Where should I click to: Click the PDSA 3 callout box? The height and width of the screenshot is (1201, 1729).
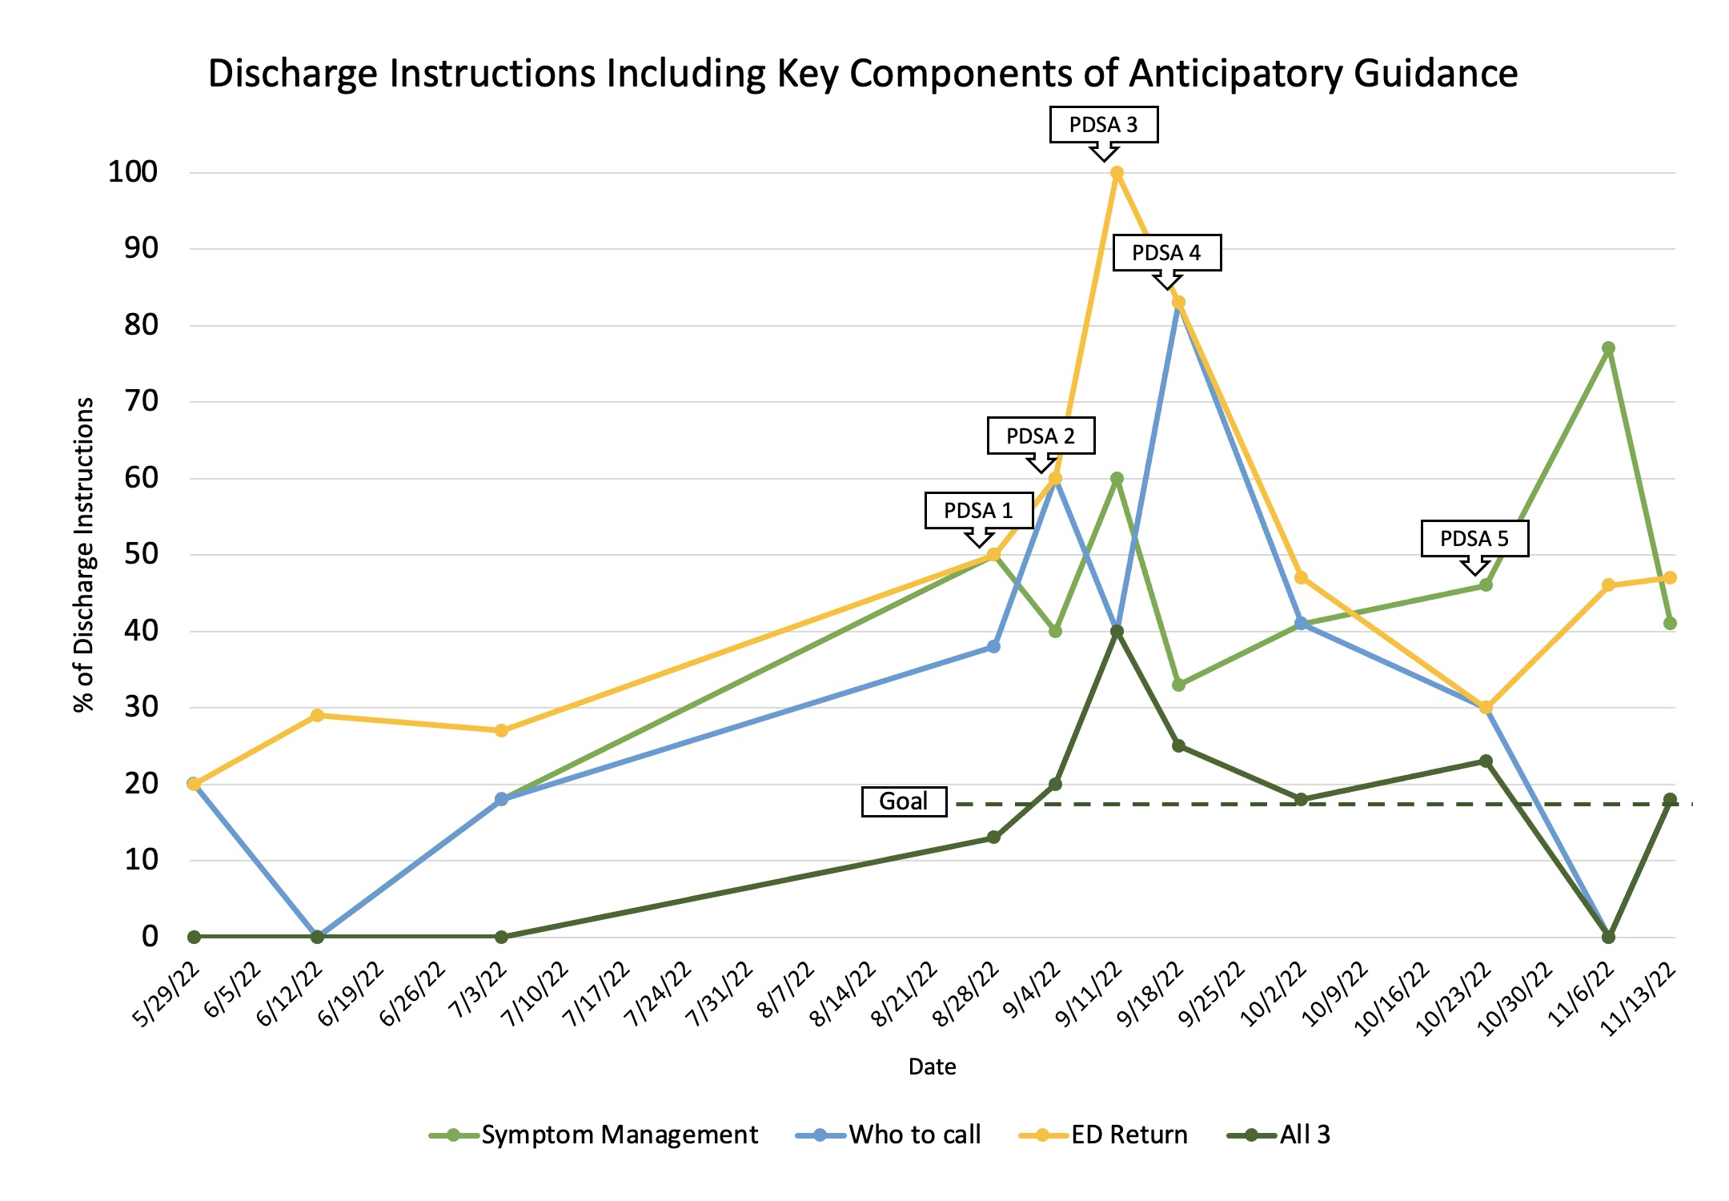[1103, 125]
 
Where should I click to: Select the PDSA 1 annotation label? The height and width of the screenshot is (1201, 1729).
[978, 511]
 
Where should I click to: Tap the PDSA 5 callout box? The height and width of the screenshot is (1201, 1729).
[1474, 538]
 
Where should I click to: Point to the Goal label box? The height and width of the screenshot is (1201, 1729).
[904, 801]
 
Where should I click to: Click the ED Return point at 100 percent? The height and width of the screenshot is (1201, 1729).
[1117, 173]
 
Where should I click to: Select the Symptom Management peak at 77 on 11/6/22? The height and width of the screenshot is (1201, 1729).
[1608, 348]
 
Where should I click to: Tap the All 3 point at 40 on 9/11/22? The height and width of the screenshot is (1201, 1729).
[1117, 632]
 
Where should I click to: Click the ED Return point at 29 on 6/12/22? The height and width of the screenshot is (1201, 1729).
[317, 715]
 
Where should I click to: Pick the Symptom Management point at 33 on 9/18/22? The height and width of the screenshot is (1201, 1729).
[1178, 685]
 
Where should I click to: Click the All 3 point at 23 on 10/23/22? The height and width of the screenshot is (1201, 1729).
[1486, 761]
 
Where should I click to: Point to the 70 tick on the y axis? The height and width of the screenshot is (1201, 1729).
[141, 401]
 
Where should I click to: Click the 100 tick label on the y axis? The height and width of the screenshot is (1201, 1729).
[133, 172]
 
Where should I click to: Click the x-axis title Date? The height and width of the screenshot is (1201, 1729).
[932, 1066]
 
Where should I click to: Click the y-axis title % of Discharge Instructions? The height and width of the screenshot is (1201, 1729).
[84, 554]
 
